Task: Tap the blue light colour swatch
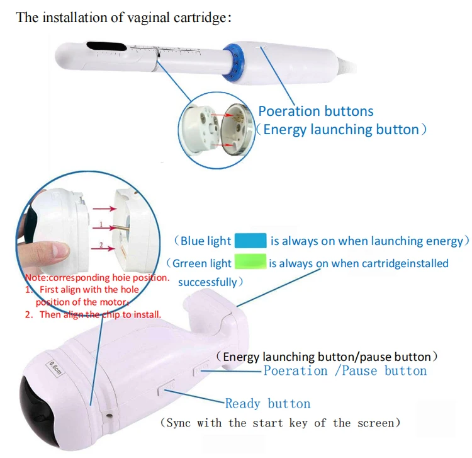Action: [250, 241]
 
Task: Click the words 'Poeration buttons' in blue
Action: [315, 112]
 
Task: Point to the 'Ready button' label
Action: [267, 404]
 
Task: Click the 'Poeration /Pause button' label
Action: [345, 371]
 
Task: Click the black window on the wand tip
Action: [100, 47]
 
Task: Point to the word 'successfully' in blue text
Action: [208, 282]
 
